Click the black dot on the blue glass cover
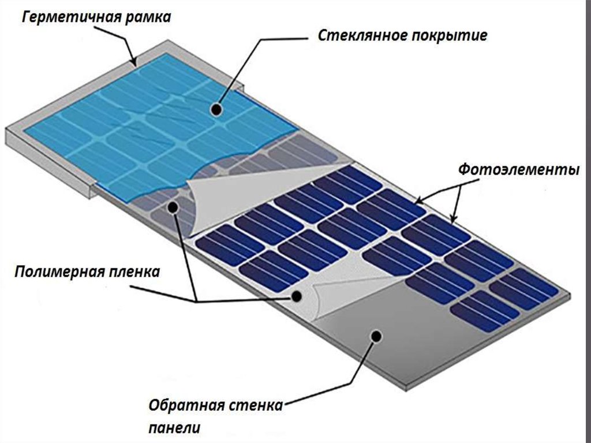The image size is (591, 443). [216, 110]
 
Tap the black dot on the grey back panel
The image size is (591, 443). [376, 336]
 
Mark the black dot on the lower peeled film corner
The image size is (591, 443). [297, 297]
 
